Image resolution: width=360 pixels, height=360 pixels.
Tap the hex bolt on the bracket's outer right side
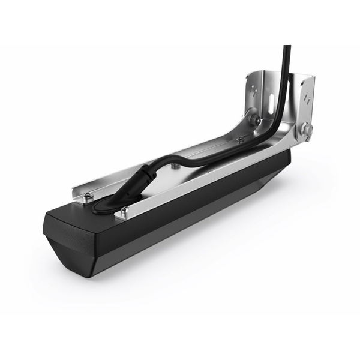307,130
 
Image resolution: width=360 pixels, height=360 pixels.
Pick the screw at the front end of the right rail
125,210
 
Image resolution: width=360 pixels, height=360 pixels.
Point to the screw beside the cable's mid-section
173,166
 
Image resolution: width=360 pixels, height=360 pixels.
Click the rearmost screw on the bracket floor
240,140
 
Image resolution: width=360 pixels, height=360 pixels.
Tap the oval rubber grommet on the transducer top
104,205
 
